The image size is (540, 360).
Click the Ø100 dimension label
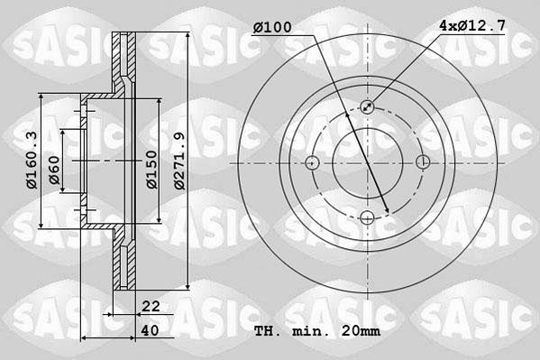(272, 27)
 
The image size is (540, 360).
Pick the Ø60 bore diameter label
(55, 171)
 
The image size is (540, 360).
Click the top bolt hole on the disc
(368, 107)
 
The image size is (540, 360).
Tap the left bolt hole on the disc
(313, 162)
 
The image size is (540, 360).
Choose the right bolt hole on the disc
(423, 162)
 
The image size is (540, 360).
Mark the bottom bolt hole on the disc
(368, 217)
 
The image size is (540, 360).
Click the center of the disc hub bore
(368, 162)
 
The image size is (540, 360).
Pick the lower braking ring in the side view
(125, 262)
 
